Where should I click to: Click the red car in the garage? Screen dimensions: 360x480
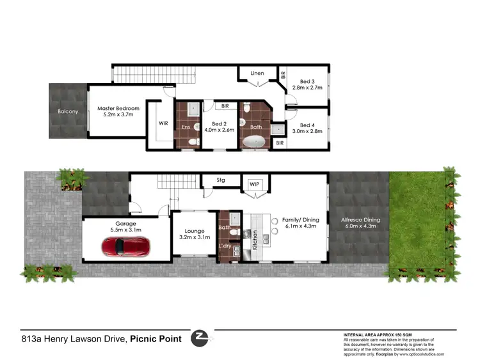click(x=126, y=246)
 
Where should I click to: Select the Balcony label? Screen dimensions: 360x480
click(x=67, y=112)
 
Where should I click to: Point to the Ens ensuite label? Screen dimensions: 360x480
click(x=186, y=127)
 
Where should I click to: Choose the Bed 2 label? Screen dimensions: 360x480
click(x=220, y=123)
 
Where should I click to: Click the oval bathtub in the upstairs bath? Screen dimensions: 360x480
click(x=255, y=142)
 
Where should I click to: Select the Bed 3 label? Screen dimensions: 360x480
click(x=303, y=81)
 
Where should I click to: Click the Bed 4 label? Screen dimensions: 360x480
click(x=303, y=125)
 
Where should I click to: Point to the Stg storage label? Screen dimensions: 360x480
click(x=221, y=180)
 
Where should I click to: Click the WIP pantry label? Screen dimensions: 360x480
click(x=255, y=184)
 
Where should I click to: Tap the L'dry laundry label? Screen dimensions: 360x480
click(x=226, y=246)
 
